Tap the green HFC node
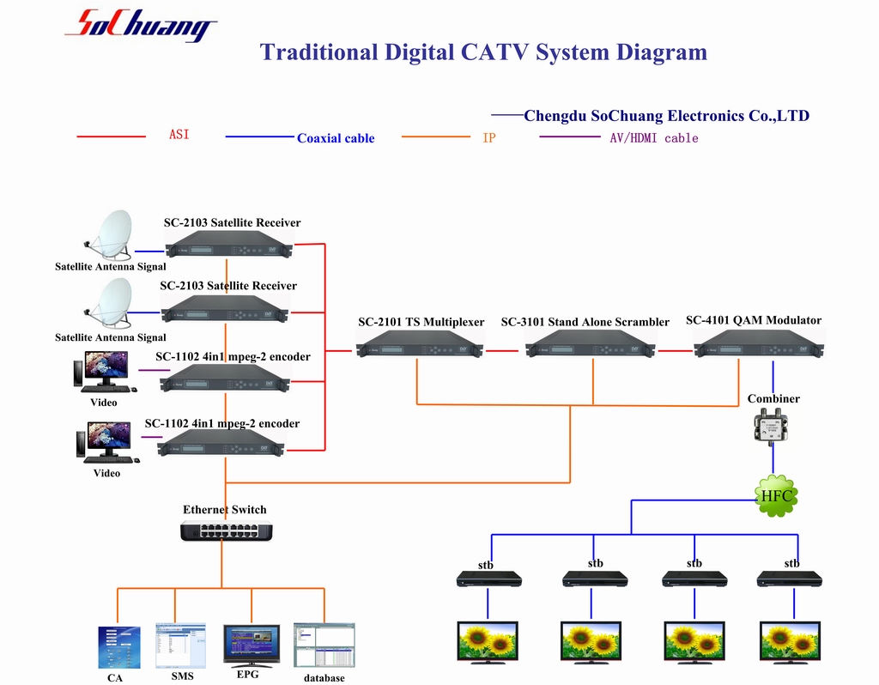click(776, 495)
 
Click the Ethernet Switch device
click(227, 530)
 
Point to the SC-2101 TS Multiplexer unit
click(420, 343)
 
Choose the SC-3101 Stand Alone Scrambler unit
click(591, 343)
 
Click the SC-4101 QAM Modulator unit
click(759, 343)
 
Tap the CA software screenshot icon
click(118, 647)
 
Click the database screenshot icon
click(324, 646)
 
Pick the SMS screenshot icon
click(180, 646)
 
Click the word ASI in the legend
click(179, 135)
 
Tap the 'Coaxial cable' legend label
click(336, 138)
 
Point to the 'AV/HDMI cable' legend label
click(654, 138)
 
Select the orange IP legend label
click(488, 138)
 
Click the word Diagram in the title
click(662, 52)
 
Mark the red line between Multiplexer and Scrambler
click(502, 351)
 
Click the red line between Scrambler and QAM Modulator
click(676, 351)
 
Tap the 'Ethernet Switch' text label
click(225, 510)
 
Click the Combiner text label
click(773, 398)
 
